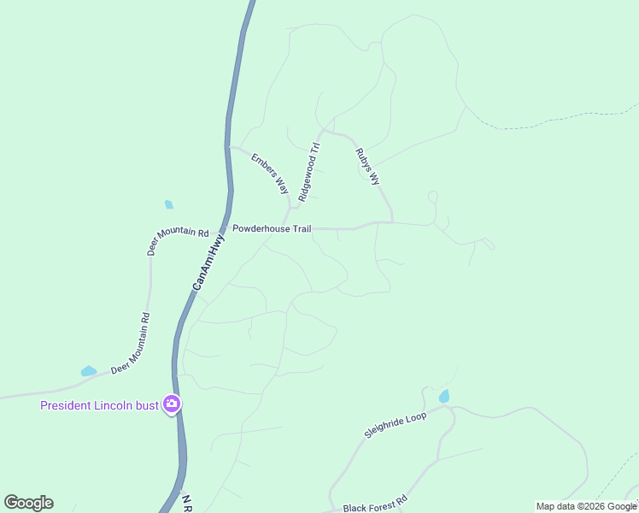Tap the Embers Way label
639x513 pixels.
point(270,173)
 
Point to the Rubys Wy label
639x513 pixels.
point(366,167)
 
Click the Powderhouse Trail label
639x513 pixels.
point(272,229)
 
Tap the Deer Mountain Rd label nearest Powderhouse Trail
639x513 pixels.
point(178,242)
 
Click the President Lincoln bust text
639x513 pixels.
point(100,405)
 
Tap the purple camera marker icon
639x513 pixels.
point(172,404)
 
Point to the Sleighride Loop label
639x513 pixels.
point(395,425)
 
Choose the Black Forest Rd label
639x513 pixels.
point(376,507)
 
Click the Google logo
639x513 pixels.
point(29,503)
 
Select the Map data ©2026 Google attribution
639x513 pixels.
point(587,507)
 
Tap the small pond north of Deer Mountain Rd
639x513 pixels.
point(168,204)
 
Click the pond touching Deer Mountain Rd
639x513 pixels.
point(88,371)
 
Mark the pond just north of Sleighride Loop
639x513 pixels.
point(443,396)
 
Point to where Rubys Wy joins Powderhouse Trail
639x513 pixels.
point(393,223)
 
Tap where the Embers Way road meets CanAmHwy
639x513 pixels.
point(229,146)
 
